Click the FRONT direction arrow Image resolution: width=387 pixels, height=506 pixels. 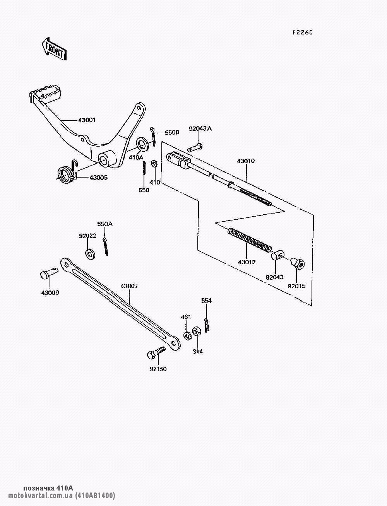click(x=54, y=48)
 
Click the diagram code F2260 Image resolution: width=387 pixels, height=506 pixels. click(x=302, y=32)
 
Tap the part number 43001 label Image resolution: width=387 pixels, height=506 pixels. click(x=87, y=120)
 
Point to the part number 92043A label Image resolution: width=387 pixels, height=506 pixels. click(x=200, y=129)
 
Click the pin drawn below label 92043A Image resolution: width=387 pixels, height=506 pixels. click(x=196, y=147)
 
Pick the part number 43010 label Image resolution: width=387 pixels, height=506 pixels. click(x=246, y=161)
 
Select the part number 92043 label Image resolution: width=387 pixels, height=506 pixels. click(x=274, y=277)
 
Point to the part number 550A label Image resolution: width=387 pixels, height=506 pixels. click(x=104, y=224)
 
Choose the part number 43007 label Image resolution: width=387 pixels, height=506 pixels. click(x=129, y=286)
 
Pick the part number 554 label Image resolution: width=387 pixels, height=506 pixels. click(x=206, y=301)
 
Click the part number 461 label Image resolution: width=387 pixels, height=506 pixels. click(x=186, y=317)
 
